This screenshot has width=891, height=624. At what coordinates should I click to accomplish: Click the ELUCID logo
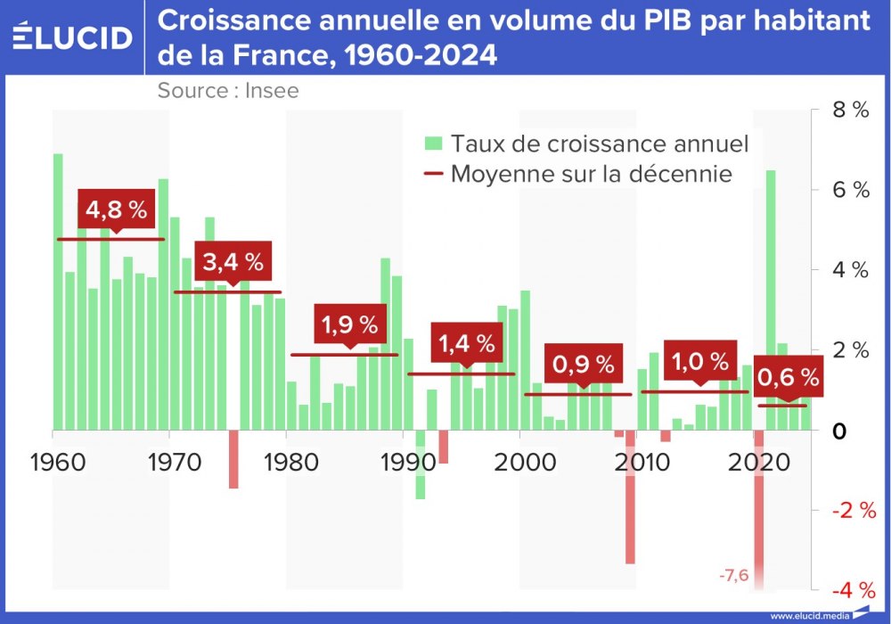click(x=73, y=37)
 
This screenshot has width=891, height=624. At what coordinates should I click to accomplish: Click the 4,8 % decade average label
click(x=116, y=210)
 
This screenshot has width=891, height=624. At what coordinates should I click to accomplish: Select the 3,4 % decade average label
click(x=233, y=262)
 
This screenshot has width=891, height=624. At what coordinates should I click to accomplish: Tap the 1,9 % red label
click(x=349, y=325)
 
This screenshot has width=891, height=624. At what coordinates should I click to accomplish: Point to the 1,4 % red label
click(x=466, y=342)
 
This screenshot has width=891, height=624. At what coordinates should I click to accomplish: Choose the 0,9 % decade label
click(x=584, y=365)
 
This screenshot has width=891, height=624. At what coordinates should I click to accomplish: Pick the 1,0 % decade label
click(x=700, y=361)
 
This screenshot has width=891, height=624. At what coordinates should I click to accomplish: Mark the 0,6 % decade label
click(x=788, y=378)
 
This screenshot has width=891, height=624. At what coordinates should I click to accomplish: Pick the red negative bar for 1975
click(x=233, y=459)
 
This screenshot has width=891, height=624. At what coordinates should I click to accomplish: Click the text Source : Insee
click(x=228, y=90)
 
